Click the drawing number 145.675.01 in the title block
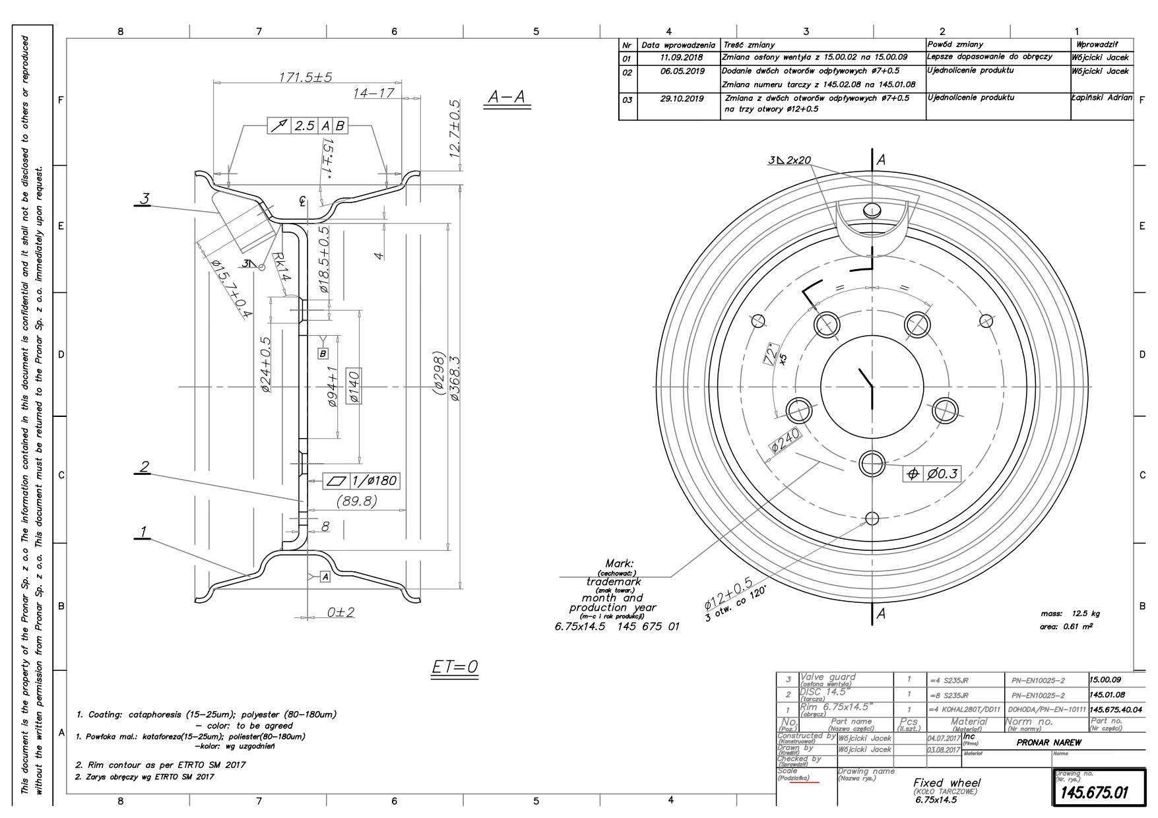tap(1092, 792)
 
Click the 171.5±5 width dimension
tap(305, 77)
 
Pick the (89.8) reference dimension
tap(356, 501)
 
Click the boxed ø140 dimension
tap(352, 385)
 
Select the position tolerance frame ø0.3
tap(932, 474)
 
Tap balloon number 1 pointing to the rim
tap(143, 532)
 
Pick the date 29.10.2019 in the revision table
tap(682, 98)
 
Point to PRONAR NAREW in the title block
tap(1048, 742)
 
